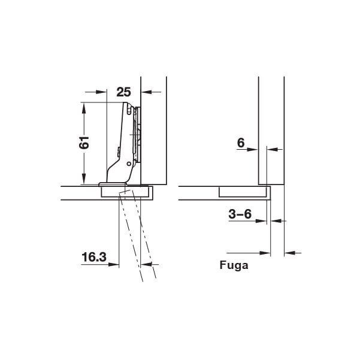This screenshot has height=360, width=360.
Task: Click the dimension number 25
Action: (124, 92)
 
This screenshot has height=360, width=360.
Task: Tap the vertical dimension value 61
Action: (84, 143)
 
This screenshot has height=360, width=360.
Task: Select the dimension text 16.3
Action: (94, 257)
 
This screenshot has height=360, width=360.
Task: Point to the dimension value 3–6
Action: (240, 214)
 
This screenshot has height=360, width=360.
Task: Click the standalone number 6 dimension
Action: (241, 143)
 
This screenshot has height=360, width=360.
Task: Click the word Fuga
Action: (234, 265)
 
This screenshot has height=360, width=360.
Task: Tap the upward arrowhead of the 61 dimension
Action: (84, 108)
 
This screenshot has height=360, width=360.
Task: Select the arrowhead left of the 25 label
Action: (101, 92)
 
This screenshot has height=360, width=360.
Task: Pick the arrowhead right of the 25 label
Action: (147, 92)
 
